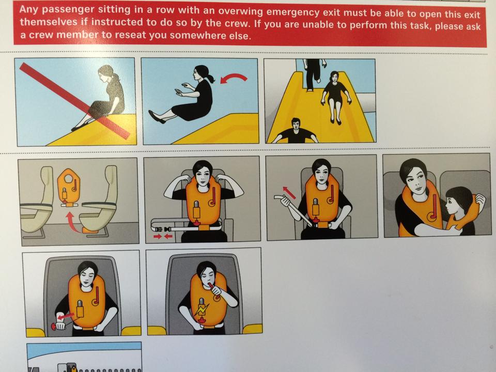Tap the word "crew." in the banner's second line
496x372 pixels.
pos(240,23)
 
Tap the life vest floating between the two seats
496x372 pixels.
pos(69,187)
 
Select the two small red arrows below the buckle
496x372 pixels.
pos(163,236)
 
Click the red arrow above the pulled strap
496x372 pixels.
pos(289,192)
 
